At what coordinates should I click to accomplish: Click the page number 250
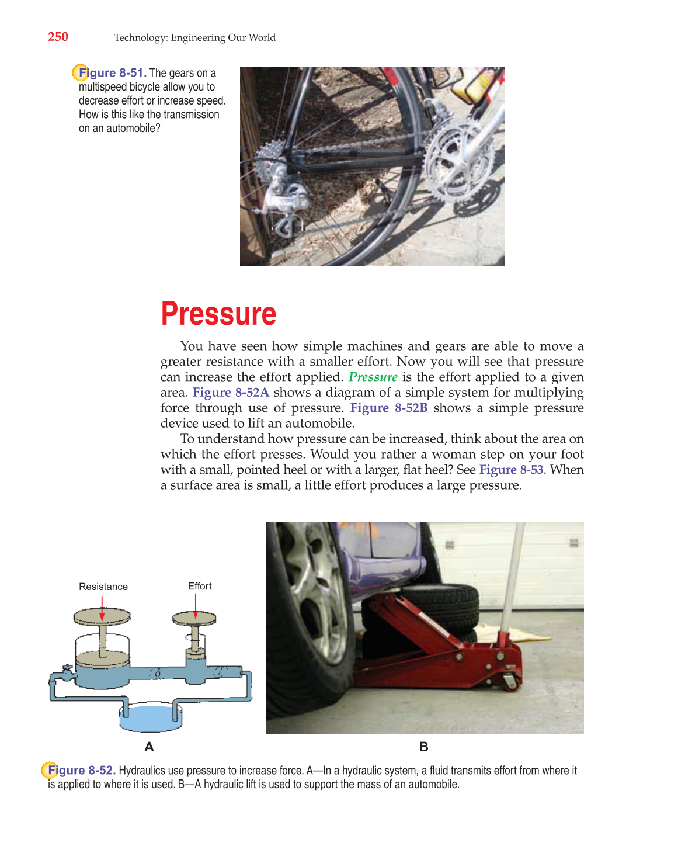tap(58, 37)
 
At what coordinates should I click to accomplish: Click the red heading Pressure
tap(218, 314)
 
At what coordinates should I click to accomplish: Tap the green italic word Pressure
tap(373, 377)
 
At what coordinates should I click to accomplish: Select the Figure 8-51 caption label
tap(112, 73)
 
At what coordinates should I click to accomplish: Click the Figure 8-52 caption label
tap(81, 770)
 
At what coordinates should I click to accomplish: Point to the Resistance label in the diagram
tap(103, 587)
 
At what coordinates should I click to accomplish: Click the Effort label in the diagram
tap(200, 586)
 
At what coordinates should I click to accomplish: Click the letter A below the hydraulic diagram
tap(149, 747)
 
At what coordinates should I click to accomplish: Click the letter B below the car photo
tap(424, 747)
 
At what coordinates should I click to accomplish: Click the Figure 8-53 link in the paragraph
tap(511, 470)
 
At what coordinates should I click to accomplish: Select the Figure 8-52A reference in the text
tap(231, 393)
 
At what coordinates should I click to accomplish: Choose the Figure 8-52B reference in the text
tap(388, 408)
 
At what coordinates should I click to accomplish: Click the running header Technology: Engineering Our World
tap(194, 37)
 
